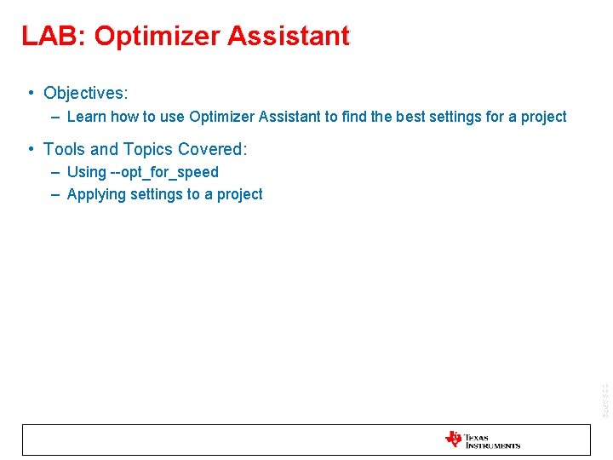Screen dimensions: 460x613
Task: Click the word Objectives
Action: pyautogui.click(x=85, y=93)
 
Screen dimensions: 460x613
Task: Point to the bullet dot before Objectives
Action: pyautogui.click(x=30, y=93)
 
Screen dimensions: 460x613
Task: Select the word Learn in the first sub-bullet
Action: pyautogui.click(x=85, y=117)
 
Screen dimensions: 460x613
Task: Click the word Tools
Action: pyautogui.click(x=64, y=150)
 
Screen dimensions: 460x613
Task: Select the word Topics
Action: pyautogui.click(x=148, y=150)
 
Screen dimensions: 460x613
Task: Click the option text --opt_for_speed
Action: pyautogui.click(x=164, y=172)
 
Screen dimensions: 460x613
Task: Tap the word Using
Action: pyautogui.click(x=86, y=172)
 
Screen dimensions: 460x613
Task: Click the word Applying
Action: pyautogui.click(x=95, y=194)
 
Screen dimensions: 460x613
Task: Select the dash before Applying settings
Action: pyautogui.click(x=54, y=194)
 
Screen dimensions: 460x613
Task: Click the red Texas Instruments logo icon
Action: pyautogui.click(x=453, y=440)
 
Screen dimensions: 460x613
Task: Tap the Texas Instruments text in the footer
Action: pyautogui.click(x=492, y=441)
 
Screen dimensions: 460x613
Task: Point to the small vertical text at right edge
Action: pyautogui.click(x=604, y=398)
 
